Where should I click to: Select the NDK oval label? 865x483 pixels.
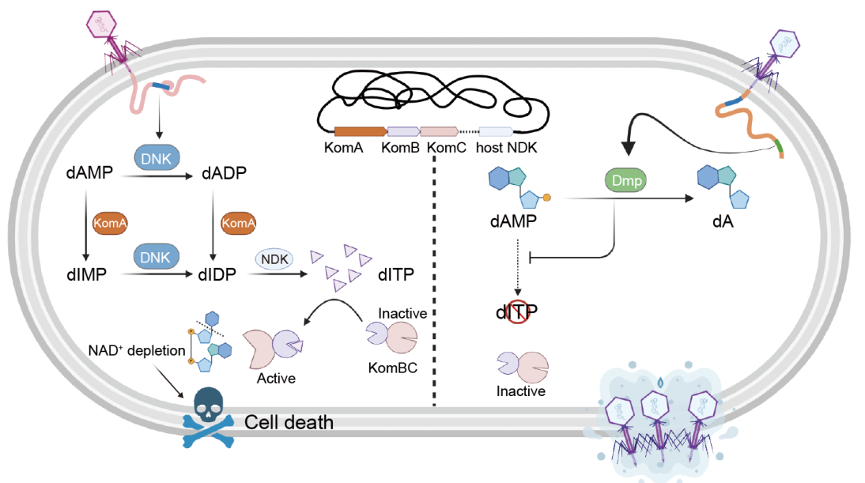click(274, 258)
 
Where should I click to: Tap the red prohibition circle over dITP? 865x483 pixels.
click(517, 314)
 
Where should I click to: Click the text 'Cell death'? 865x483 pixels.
click(289, 422)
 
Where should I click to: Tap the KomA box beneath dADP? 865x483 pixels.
click(238, 224)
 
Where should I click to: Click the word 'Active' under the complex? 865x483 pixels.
click(276, 378)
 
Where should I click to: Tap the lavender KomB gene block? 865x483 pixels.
click(403, 131)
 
